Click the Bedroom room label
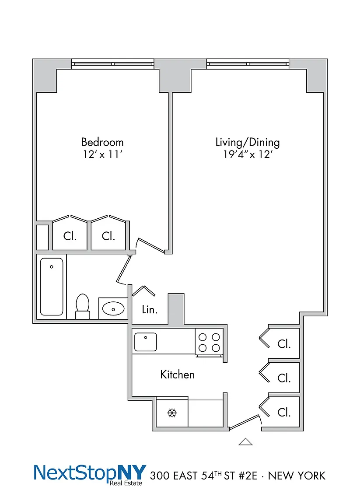coord(102,142)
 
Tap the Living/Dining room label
coord(248,142)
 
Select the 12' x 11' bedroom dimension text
coord(102,154)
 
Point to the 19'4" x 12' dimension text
coord(248,154)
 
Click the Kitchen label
coord(178,374)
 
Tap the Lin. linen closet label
coord(150,310)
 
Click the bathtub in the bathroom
coord(52,287)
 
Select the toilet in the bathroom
coord(83,306)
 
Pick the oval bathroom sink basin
coord(113,309)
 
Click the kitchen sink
coord(146,342)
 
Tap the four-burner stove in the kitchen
coord(209,342)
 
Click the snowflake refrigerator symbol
coord(172,413)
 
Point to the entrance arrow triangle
coord(245,441)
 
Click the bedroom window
coord(113,63)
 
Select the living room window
coord(248,63)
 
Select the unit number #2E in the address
coord(248,476)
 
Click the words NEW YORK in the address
coord(297,476)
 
